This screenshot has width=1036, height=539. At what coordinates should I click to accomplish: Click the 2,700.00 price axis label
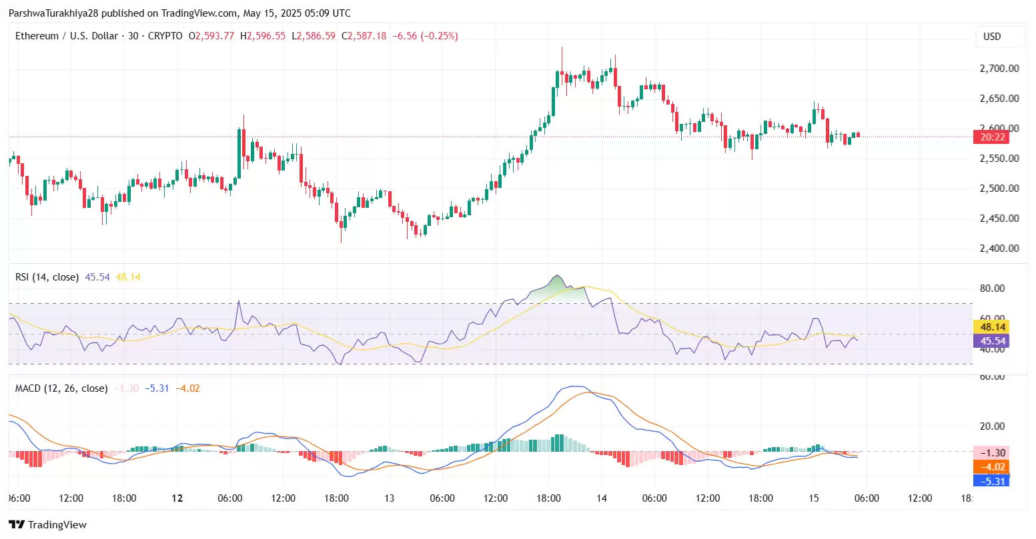click(x=999, y=69)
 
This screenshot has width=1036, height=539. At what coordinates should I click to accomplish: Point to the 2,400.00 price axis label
click(x=999, y=249)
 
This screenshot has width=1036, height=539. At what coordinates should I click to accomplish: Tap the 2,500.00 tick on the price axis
click(x=999, y=189)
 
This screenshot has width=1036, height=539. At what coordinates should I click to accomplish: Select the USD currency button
click(x=992, y=37)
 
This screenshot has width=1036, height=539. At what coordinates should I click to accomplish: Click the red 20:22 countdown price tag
click(x=992, y=137)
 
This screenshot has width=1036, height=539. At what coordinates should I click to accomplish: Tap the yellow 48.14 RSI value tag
click(x=992, y=326)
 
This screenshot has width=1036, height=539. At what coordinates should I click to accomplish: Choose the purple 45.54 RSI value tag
click(x=992, y=341)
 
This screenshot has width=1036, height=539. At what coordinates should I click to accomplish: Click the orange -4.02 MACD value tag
click(x=992, y=467)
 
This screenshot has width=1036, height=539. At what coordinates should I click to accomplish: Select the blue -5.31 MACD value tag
click(x=992, y=480)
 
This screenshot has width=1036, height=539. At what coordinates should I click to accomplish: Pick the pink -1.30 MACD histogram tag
click(x=992, y=453)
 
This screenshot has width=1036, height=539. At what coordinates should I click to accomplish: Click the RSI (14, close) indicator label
click(x=47, y=277)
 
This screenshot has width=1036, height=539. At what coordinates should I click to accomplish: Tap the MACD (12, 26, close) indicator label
click(x=61, y=388)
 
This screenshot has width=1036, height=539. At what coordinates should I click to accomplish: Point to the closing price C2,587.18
click(x=364, y=36)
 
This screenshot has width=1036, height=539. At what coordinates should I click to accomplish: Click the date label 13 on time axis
click(x=389, y=498)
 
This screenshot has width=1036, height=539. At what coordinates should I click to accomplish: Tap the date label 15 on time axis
click(x=814, y=498)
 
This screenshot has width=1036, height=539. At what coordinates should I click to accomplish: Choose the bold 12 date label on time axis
click(x=177, y=498)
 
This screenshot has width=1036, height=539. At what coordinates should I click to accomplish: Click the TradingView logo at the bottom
click(x=48, y=525)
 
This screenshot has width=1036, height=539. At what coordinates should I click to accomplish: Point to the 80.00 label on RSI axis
click(x=992, y=288)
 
